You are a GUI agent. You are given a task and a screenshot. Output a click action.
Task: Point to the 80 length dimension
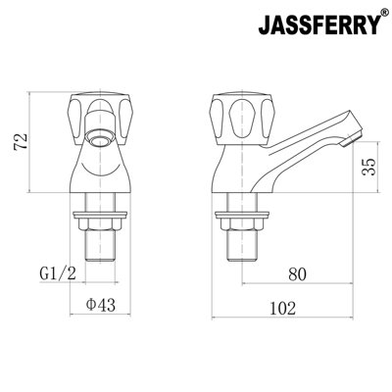pyautogui.click(x=299, y=273)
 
